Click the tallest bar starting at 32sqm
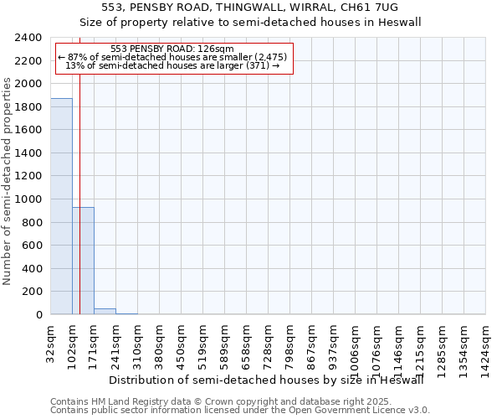coord(61,206)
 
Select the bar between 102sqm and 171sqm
coord(83,261)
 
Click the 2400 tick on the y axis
coord(29,39)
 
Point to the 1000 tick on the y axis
coord(29,199)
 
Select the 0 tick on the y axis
coord(38,315)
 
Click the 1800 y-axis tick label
coord(29,107)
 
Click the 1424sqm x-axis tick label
coord(485,342)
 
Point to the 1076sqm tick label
coord(376,342)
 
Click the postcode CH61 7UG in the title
coord(371,8)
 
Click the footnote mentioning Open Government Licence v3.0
coord(240,411)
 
